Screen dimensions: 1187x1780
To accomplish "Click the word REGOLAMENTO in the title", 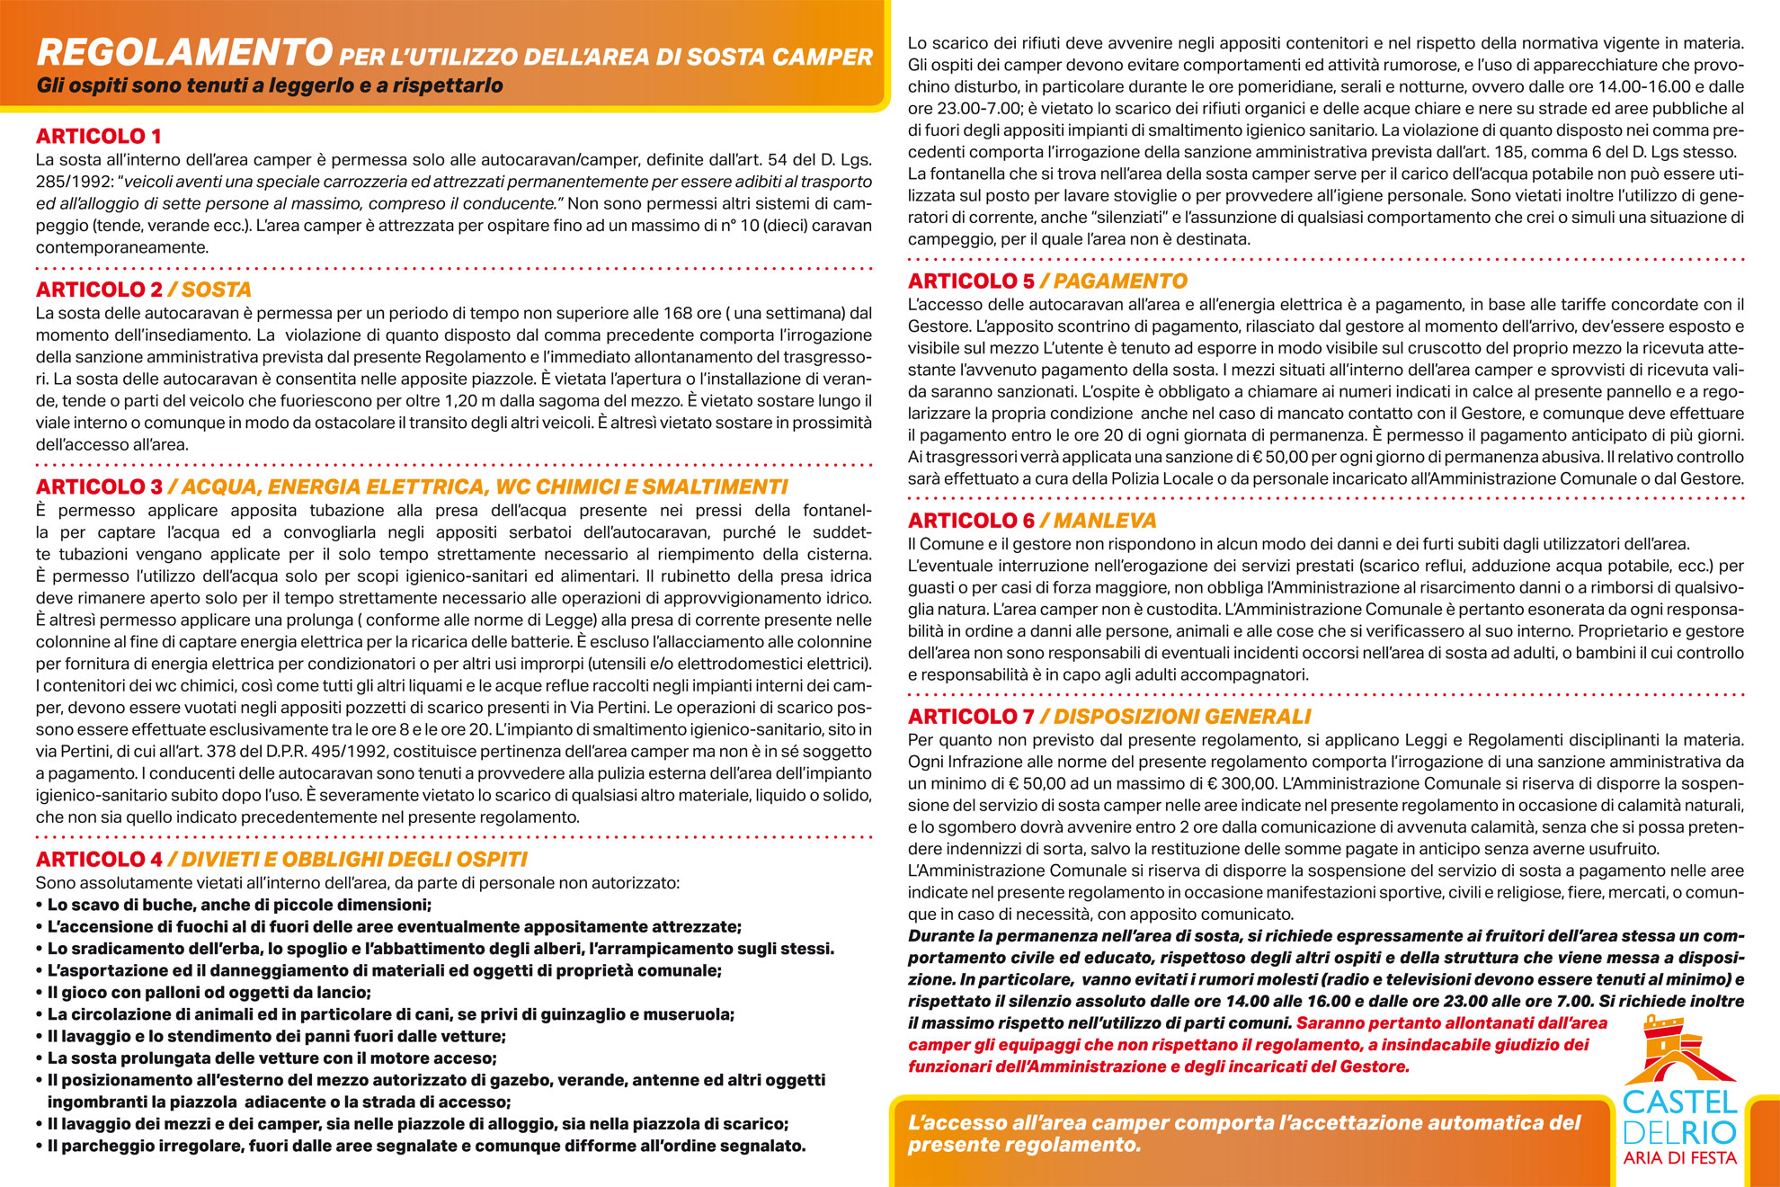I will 184,53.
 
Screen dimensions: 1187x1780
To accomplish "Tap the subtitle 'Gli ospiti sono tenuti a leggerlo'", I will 270,86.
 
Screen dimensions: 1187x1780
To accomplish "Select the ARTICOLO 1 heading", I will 99,137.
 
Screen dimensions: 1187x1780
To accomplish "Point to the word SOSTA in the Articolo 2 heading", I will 216,290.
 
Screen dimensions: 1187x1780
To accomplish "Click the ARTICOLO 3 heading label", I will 99,487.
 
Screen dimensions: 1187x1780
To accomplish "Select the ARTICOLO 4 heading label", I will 99,860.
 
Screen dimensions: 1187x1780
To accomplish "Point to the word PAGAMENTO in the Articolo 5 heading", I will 1120,281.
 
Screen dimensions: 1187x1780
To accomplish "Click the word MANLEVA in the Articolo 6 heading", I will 1105,521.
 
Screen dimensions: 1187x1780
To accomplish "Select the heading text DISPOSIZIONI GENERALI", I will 1182,717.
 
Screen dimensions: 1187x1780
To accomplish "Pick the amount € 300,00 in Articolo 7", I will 1240,784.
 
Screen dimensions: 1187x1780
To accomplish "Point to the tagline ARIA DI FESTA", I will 1679,1158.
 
